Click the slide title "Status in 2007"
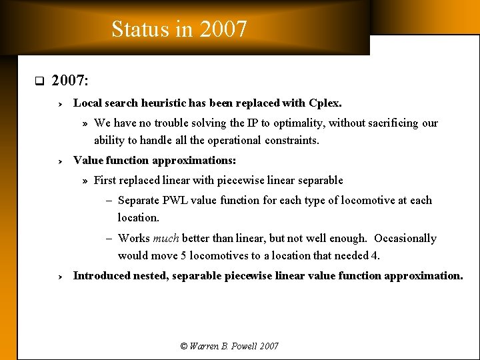click(179, 29)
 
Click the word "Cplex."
click(325, 103)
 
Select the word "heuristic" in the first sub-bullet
click(163, 103)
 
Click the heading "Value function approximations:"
click(155, 161)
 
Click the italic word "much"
click(166, 239)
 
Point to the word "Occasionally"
click(405, 239)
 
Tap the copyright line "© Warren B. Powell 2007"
click(229, 346)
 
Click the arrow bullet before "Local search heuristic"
click(59, 104)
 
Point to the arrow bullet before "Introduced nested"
click(59, 277)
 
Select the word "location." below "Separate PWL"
click(139, 217)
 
